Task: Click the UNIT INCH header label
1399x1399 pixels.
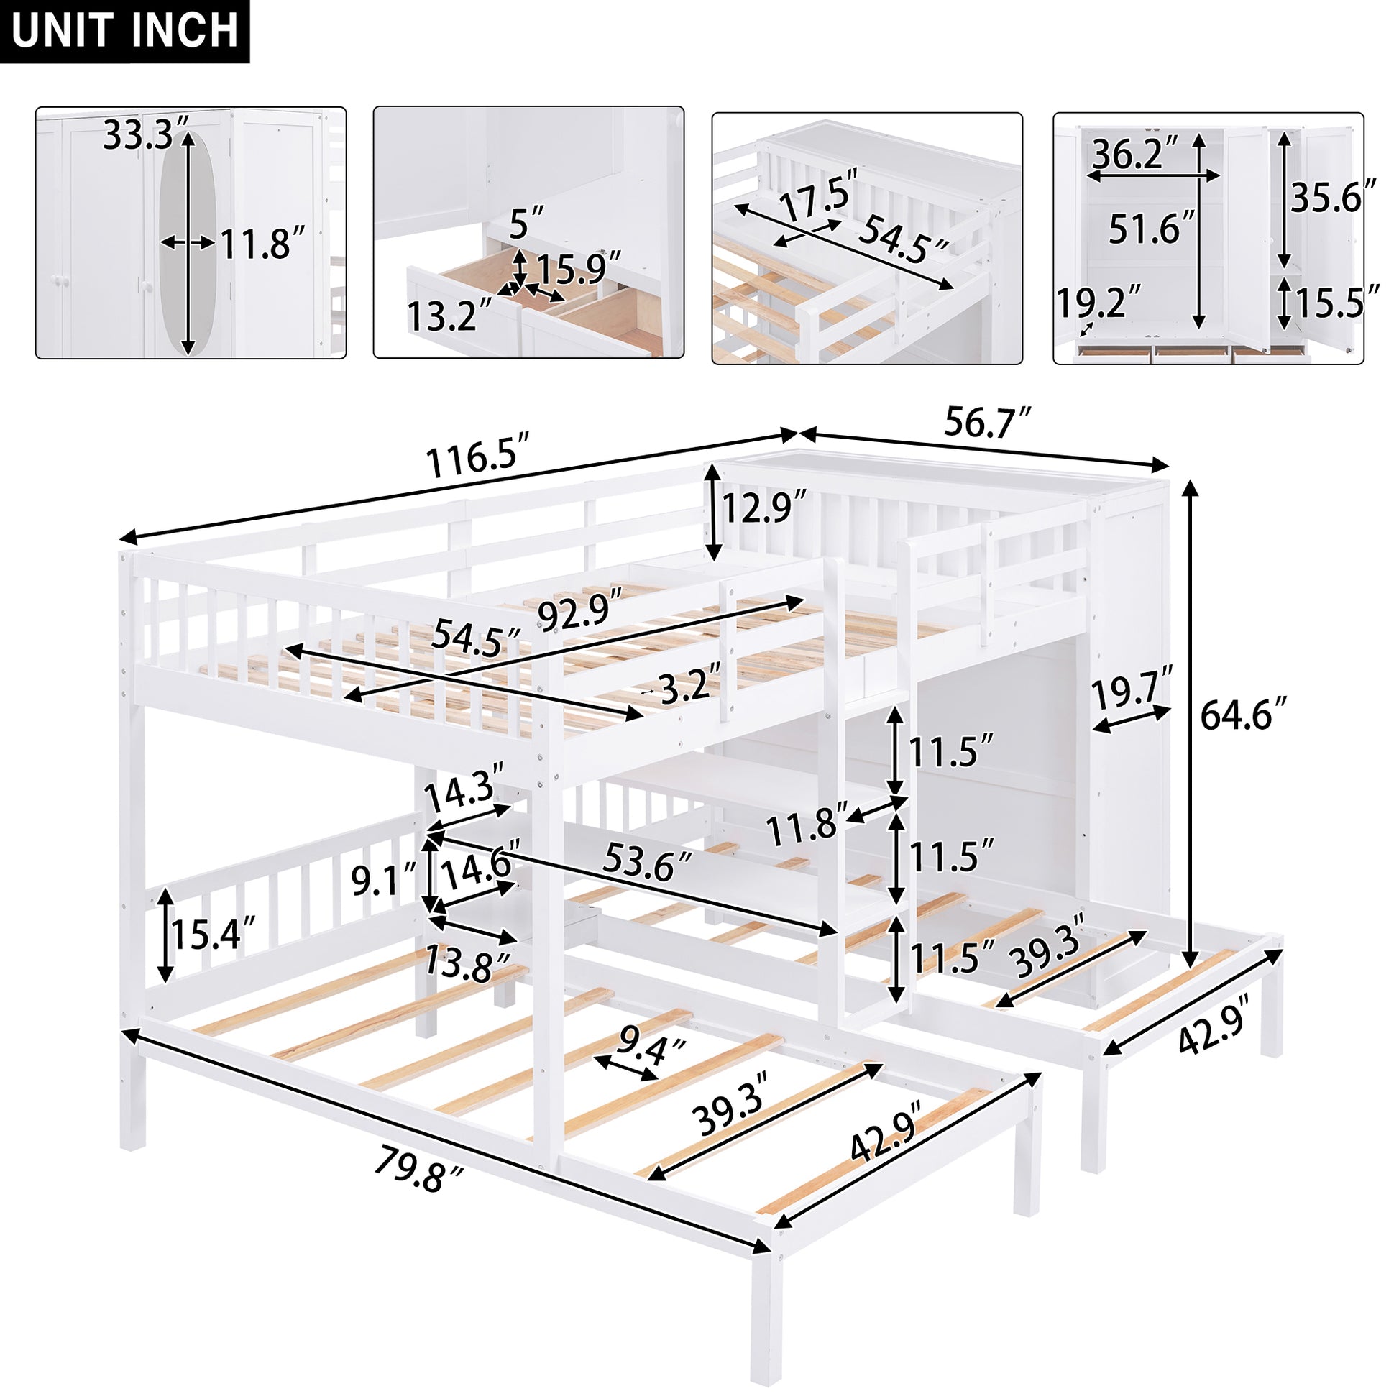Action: tap(124, 31)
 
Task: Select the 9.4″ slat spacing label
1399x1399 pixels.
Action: tap(651, 1050)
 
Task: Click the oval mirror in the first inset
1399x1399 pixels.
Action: tap(188, 242)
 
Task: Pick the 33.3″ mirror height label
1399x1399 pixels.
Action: tap(146, 134)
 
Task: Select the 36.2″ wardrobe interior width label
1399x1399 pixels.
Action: tap(1134, 154)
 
